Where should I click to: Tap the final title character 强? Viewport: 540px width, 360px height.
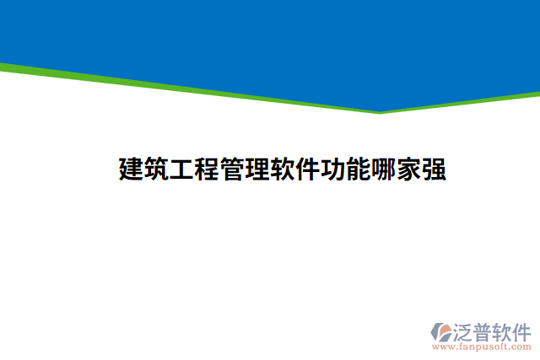pos(435,169)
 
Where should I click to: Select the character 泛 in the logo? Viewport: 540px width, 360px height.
pos(463,330)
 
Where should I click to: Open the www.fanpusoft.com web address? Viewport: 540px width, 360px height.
pos(482,346)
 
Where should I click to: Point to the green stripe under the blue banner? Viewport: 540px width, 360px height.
pos(169,86)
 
